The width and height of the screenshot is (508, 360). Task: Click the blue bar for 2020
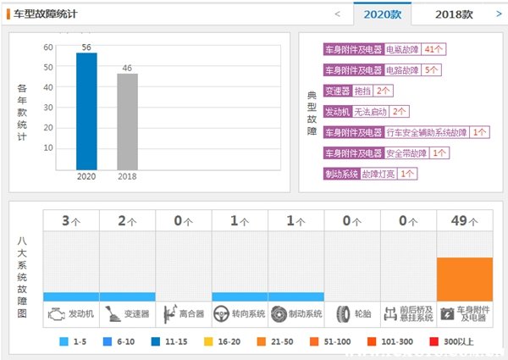(86, 111)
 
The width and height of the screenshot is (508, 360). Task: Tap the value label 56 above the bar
(86, 47)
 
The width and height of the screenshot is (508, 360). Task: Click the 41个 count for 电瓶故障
(435, 50)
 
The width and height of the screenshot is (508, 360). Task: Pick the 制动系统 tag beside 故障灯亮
(342, 174)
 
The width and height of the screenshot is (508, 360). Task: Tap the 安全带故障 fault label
(406, 153)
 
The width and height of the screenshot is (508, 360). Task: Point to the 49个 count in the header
(465, 221)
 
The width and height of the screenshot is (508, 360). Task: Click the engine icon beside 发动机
(56, 313)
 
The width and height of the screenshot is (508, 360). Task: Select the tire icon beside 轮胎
(343, 313)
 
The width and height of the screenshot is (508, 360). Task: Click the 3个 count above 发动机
(71, 221)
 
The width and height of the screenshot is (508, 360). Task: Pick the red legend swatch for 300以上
(434, 342)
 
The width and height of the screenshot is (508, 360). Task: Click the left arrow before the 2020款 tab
(338, 14)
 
